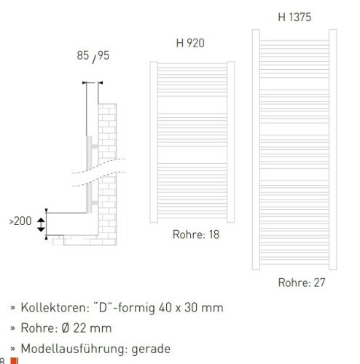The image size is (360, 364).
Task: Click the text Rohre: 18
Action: tap(195, 234)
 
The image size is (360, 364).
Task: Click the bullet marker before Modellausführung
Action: tap(12, 349)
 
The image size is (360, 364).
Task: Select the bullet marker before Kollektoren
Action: tap(12, 308)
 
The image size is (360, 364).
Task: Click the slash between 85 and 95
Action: tap(93, 56)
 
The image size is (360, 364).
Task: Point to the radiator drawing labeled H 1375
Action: tap(293, 146)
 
